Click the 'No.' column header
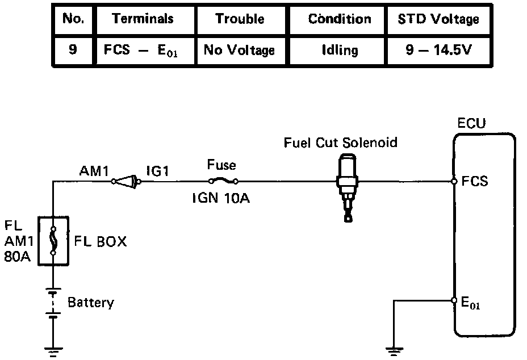(73, 19)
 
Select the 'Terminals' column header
(143, 19)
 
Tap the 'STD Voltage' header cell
(434, 19)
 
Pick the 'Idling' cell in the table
(339, 50)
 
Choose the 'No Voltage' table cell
(239, 50)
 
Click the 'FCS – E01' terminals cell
(143, 50)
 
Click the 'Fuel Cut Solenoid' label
(341, 143)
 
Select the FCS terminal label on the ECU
(475, 182)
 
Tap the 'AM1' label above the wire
(94, 170)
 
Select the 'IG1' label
(157, 170)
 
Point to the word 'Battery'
(90, 302)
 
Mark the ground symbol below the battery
(53, 350)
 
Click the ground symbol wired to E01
(394, 350)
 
